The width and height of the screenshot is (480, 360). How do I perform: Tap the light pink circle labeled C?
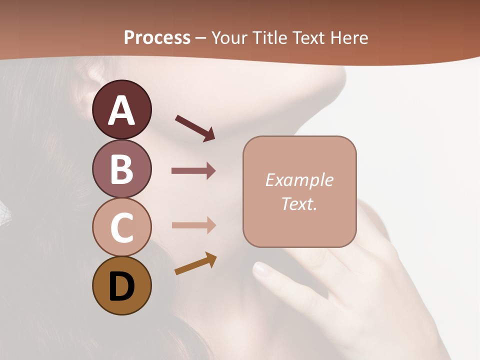pyautogui.click(x=121, y=227)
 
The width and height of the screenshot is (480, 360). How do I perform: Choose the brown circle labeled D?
pyautogui.click(x=121, y=286)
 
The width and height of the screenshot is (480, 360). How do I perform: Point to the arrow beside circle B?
pyautogui.click(x=193, y=171)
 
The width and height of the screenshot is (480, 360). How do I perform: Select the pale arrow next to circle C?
pyautogui.click(x=193, y=225)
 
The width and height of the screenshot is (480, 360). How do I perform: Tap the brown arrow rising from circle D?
pyautogui.click(x=195, y=264)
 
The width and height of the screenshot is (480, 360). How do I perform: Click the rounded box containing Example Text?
pyautogui.click(x=299, y=191)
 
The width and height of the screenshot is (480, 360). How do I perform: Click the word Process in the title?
pyautogui.click(x=157, y=38)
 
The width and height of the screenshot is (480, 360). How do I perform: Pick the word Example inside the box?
pyautogui.click(x=299, y=180)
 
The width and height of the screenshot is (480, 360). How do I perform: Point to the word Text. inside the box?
pyautogui.click(x=299, y=203)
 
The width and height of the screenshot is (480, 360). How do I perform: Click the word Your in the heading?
pyautogui.click(x=229, y=38)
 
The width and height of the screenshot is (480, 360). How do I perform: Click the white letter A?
pyautogui.click(x=121, y=111)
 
